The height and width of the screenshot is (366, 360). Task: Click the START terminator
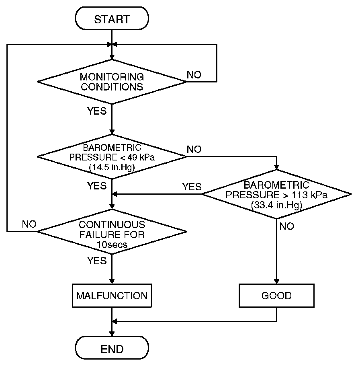pos(112,19)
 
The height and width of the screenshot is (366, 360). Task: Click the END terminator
pos(112,348)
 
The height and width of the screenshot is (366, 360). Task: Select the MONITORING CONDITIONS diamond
pos(112,82)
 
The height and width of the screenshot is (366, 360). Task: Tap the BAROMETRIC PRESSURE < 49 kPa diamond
pos(112,156)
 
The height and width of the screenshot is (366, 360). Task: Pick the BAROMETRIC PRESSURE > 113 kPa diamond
pos(276,194)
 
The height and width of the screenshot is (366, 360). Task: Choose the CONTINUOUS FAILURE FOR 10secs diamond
pos(112,232)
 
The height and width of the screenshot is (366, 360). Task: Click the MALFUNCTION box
pos(112,296)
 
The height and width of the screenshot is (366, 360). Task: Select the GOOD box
pos(276,296)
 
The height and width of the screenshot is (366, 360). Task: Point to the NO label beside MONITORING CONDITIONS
pos(194,75)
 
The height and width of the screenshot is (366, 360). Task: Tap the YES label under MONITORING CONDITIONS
pos(97,111)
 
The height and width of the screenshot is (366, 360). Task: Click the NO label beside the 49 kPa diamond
pos(194,149)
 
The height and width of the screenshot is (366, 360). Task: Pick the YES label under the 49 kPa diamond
pos(97,186)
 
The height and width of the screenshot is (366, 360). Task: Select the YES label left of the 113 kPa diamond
pos(192,187)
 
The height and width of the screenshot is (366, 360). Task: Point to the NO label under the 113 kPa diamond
pos(286,226)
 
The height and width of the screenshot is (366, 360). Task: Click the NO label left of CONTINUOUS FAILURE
pos(29,224)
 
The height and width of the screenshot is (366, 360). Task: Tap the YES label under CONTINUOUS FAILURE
pos(97,261)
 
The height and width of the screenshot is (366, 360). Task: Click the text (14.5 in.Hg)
pos(112,167)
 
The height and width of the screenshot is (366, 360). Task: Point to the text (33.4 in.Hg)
pos(276,205)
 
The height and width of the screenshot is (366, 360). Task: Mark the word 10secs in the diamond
pos(112,245)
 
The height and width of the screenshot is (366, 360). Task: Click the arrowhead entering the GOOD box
pos(276,282)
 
